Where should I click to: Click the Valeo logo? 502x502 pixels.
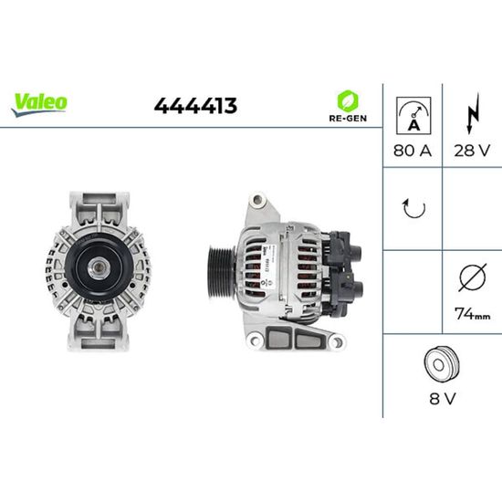(x=39, y=105)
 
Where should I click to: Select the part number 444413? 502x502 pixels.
(x=195, y=106)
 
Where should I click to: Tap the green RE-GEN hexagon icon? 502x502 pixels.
(x=348, y=100)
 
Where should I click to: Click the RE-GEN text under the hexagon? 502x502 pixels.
(x=348, y=118)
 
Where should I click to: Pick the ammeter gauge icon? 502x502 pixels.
(x=413, y=116)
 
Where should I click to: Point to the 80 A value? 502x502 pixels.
(x=413, y=151)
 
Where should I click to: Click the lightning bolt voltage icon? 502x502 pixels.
(x=473, y=113)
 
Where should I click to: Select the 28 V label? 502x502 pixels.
(x=472, y=151)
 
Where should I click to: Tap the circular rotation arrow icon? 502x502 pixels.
(x=413, y=208)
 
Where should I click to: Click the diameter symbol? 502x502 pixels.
(x=473, y=277)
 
